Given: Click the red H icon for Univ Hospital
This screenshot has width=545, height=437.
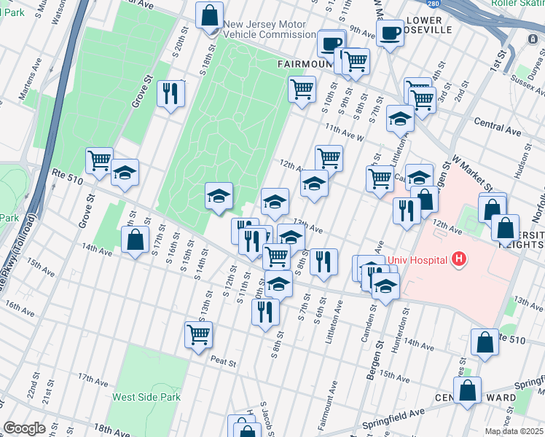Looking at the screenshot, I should click(x=458, y=258).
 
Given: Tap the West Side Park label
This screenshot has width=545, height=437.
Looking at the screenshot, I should click(x=146, y=398).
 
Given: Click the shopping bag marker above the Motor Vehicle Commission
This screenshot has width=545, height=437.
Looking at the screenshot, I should click(x=210, y=15).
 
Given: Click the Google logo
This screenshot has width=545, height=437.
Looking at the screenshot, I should click(x=24, y=428).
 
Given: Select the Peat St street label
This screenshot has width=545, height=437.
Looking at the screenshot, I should click(x=224, y=362).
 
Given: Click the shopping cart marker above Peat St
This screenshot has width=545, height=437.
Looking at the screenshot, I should click(x=198, y=335).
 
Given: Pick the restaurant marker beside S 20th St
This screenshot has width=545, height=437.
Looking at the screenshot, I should click(x=171, y=93).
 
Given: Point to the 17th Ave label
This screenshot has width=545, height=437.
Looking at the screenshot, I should click(x=93, y=379).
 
